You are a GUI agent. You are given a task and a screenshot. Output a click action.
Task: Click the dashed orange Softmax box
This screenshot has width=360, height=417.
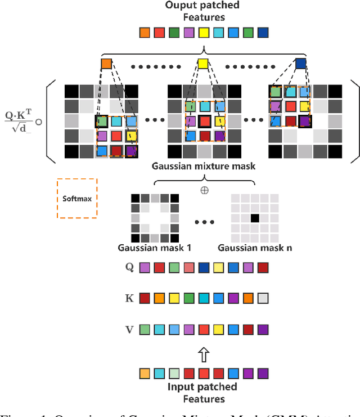click(77, 198)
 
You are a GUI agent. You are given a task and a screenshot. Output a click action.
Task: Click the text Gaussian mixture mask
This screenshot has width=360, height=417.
click(203, 166)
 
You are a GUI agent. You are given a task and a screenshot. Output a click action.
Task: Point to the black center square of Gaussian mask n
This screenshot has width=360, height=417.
click(254, 217)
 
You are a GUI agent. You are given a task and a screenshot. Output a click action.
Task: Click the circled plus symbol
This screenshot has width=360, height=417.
click(204, 190)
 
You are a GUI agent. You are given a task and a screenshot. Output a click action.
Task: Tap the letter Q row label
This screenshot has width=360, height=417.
click(129, 268)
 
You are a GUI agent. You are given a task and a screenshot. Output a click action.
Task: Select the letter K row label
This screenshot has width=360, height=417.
click(129, 299)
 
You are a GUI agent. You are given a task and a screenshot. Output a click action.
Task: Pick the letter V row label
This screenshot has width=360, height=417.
click(129, 330)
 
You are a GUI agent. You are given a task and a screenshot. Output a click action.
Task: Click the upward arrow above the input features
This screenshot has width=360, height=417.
click(204, 354)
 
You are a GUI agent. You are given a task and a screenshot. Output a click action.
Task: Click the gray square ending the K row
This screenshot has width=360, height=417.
click(263, 299)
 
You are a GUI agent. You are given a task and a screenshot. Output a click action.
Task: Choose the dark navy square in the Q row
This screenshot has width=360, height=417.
click(204, 268)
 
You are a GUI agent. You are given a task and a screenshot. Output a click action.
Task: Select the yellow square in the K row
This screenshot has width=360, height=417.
click(174, 299)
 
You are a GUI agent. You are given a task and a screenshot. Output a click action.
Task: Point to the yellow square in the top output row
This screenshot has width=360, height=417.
click(204, 33)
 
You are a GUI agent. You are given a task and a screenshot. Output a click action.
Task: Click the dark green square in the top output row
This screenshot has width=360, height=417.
click(174, 33)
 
